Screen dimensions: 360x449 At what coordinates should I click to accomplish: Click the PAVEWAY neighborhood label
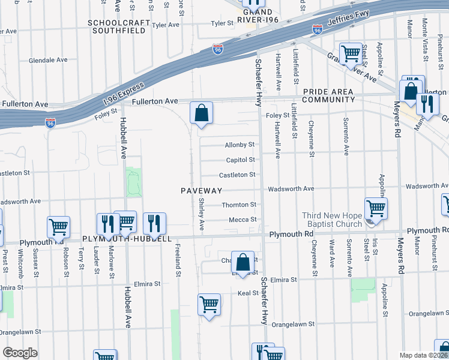[202, 191]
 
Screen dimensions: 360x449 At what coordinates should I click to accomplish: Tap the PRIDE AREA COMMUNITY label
[328, 95]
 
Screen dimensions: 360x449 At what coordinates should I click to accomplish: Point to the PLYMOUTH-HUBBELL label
[127, 238]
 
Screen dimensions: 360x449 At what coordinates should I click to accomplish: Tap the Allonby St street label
[240, 145]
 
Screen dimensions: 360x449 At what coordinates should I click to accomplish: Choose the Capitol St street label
[240, 160]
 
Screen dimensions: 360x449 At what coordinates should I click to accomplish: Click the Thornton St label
[239, 205]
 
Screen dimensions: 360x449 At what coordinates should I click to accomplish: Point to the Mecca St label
[243, 220]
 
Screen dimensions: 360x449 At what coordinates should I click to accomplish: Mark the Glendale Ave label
[48, 61]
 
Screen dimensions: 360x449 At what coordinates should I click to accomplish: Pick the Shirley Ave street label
[202, 214]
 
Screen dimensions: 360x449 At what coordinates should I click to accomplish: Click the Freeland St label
[178, 260]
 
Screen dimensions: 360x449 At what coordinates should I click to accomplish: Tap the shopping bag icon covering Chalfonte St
[243, 263]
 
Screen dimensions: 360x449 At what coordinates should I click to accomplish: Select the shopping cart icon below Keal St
[209, 305]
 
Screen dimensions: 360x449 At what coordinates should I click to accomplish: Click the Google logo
[20, 353]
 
